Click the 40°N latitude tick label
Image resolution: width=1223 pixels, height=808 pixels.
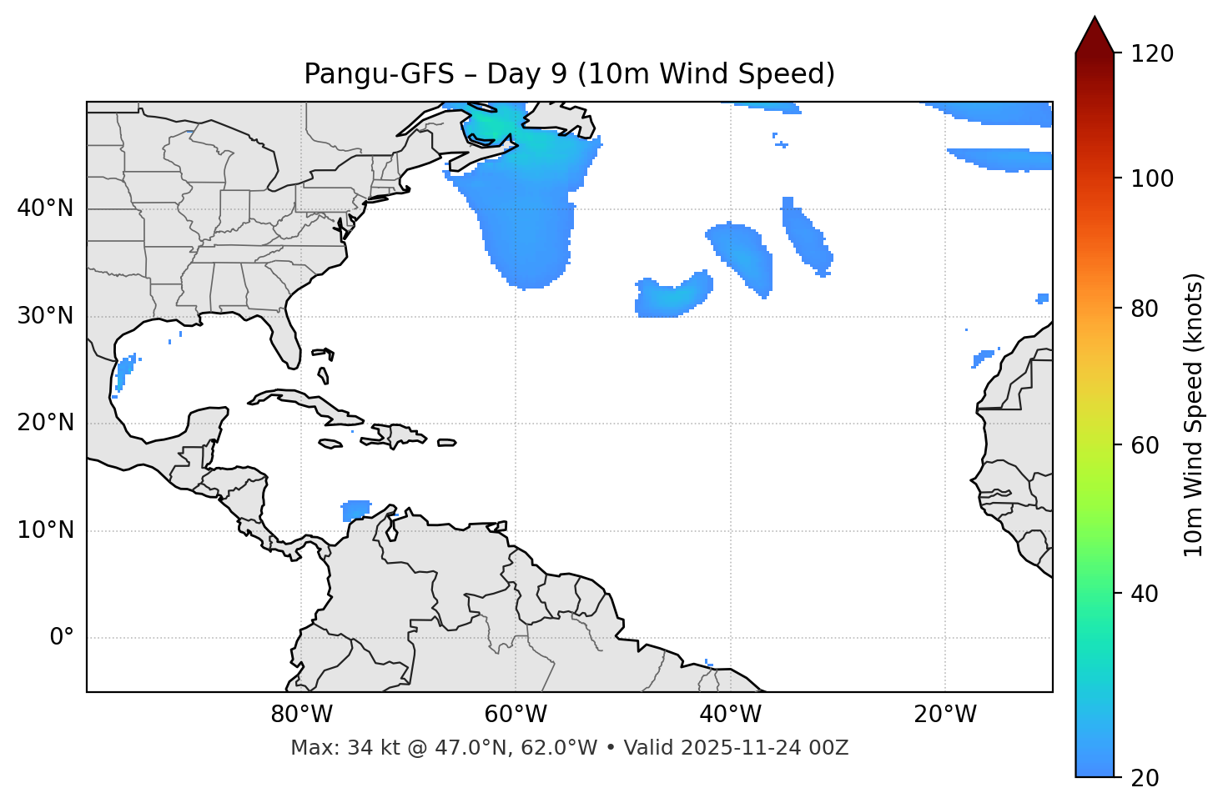(x=45, y=208)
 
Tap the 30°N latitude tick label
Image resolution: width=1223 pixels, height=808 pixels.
(x=45, y=316)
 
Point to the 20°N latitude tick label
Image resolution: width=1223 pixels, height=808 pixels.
(x=45, y=423)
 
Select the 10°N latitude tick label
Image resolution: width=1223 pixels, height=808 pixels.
(x=45, y=530)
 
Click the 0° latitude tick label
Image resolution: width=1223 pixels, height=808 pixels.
(x=62, y=638)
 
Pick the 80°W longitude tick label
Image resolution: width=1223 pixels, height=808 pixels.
(x=301, y=715)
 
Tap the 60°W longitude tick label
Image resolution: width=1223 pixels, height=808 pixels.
(x=516, y=715)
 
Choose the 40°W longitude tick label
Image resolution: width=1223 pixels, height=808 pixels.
(x=730, y=715)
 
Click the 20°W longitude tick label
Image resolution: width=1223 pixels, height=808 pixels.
(x=944, y=715)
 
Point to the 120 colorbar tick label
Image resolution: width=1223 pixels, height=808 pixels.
(x=1152, y=54)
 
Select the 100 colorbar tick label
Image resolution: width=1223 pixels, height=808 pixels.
(x=1152, y=178)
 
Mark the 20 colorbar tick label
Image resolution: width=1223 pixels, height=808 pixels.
(x=1145, y=778)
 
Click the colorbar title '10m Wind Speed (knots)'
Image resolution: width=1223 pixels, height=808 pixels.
(x=1194, y=414)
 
